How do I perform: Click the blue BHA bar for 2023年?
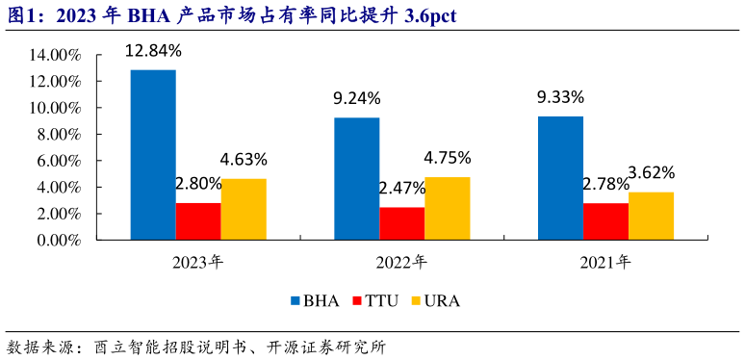click(153, 155)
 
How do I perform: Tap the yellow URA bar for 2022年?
click(447, 208)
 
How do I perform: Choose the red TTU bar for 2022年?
click(401, 223)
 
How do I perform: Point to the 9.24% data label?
click(357, 97)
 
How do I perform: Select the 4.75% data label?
click(447, 158)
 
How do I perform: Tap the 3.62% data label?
click(651, 173)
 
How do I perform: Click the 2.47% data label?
click(401, 188)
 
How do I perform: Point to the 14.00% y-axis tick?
click(57, 56)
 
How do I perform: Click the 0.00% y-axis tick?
click(60, 241)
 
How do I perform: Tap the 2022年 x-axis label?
click(401, 261)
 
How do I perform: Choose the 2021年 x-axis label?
click(605, 261)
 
